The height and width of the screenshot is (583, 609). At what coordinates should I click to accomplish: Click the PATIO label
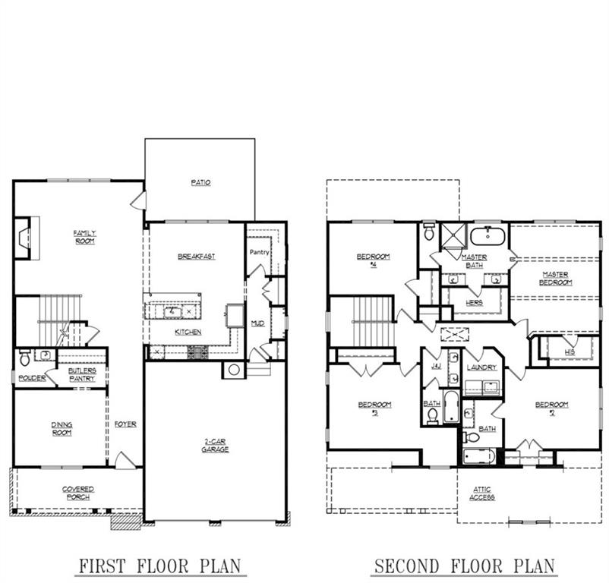click(x=200, y=183)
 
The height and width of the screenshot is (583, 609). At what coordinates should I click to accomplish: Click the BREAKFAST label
click(x=196, y=257)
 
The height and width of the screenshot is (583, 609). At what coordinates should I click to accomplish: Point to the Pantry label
click(x=260, y=252)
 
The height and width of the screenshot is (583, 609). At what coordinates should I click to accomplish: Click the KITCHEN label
click(x=188, y=332)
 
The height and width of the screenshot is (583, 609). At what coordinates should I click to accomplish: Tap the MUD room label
click(x=257, y=323)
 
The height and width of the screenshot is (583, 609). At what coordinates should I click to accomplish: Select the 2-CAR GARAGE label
click(x=215, y=446)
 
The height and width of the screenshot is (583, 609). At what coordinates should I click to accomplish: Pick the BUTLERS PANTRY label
click(x=81, y=374)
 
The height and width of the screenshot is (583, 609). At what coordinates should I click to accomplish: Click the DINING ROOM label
click(x=62, y=429)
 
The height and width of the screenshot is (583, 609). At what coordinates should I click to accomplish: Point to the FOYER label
click(x=125, y=424)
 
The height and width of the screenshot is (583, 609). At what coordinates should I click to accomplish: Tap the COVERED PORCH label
click(x=77, y=493)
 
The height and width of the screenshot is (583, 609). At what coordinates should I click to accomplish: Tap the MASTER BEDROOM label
click(x=557, y=278)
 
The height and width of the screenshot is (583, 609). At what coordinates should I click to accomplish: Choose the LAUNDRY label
click(x=481, y=367)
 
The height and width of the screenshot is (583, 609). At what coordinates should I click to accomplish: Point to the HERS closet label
click(x=474, y=302)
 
